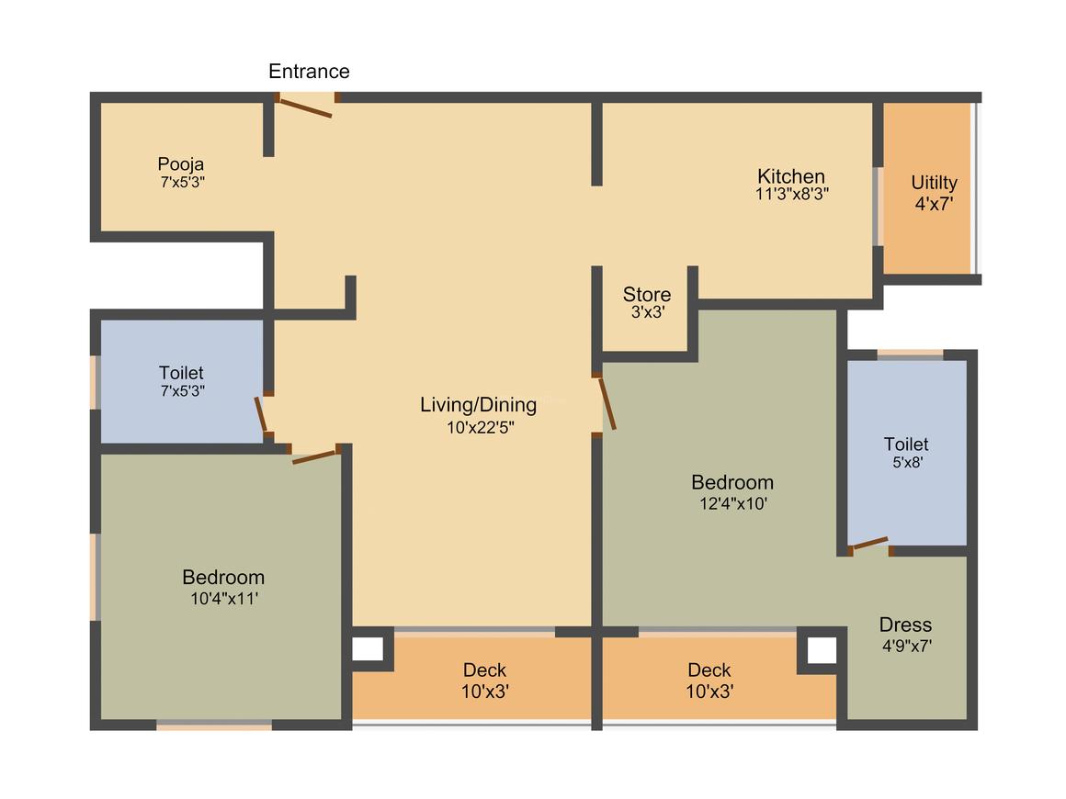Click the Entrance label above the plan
pyautogui.click(x=309, y=71)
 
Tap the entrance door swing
pyautogui.click(x=306, y=107)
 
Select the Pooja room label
pyautogui.click(x=181, y=164)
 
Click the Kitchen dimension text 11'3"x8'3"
pyautogui.click(x=791, y=194)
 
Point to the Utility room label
pyautogui.click(x=934, y=182)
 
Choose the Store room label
pyautogui.click(x=647, y=295)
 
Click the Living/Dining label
pyautogui.click(x=478, y=404)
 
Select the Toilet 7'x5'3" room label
pyautogui.click(x=181, y=373)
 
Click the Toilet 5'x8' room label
pyautogui.click(x=906, y=445)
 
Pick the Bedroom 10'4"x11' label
pyautogui.click(x=223, y=578)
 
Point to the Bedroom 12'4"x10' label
pyautogui.click(x=732, y=482)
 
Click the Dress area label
pyautogui.click(x=905, y=625)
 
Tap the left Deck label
pyautogui.click(x=484, y=670)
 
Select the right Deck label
pyautogui.click(x=709, y=670)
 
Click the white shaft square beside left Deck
pyautogui.click(x=368, y=649)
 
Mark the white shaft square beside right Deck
pyautogui.click(x=822, y=650)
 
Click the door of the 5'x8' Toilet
pyautogui.click(x=868, y=544)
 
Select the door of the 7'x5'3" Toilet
pyautogui.click(x=262, y=415)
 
